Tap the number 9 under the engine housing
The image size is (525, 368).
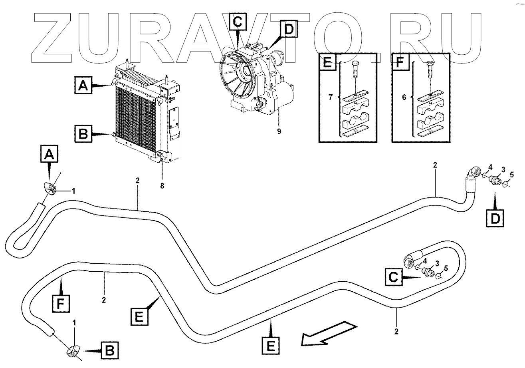279,131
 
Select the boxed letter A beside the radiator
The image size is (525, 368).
83,86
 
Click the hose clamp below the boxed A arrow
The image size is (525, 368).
50,187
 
